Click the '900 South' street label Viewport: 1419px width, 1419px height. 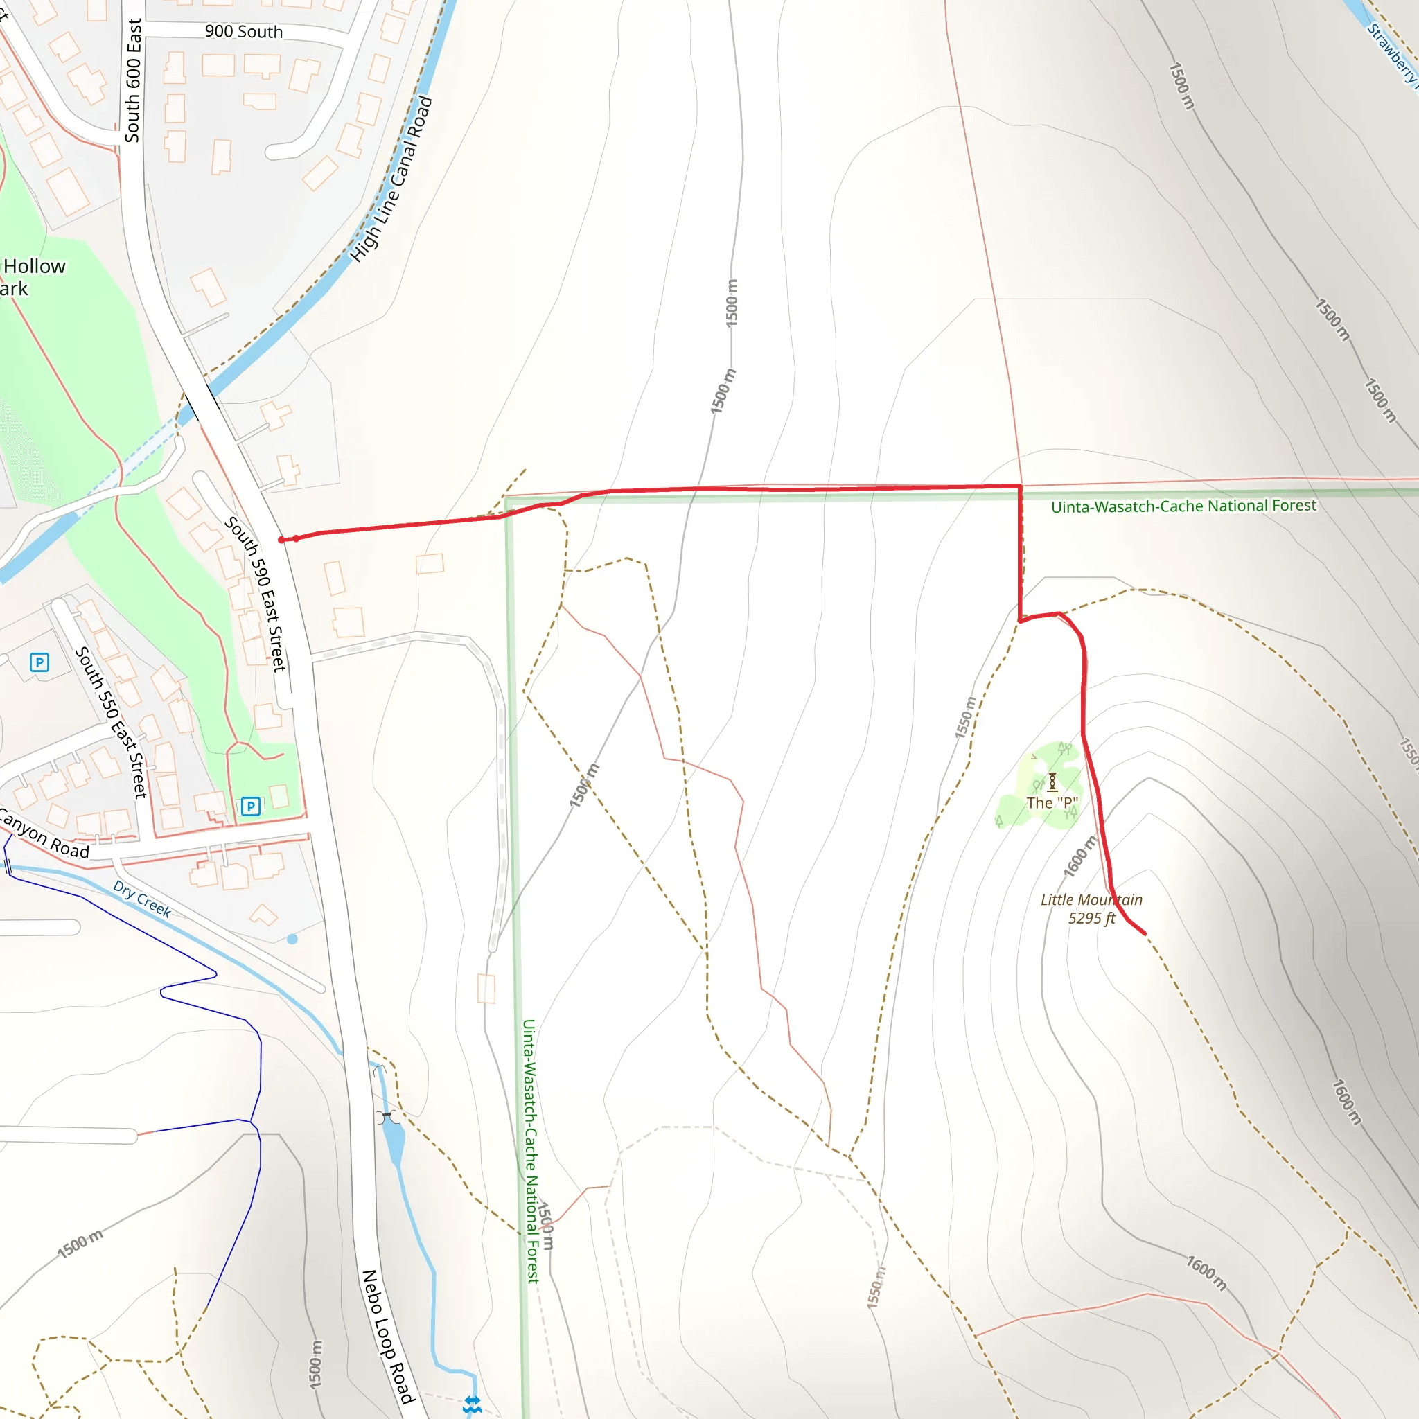click(243, 32)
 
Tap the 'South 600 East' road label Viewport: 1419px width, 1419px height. click(133, 80)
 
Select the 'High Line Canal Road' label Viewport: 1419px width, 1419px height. click(391, 179)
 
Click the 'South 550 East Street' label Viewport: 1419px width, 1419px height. click(111, 722)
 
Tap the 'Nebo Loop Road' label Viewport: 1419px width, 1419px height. click(389, 1336)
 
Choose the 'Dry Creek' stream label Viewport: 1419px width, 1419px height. click(142, 899)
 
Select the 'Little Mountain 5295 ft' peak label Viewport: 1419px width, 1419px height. click(1091, 908)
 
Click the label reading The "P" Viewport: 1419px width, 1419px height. click(1052, 803)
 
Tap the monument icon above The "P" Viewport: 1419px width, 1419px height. click(1052, 782)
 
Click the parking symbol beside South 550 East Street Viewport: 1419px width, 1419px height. click(39, 662)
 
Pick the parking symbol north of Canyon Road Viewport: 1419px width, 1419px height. click(250, 807)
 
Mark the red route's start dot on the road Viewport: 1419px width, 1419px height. click(281, 540)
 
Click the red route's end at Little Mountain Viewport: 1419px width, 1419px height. click(1145, 933)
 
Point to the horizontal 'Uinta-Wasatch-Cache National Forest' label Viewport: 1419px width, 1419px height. click(1183, 506)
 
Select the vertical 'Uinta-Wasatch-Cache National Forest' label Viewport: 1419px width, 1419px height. click(530, 1150)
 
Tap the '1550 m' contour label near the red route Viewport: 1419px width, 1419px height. click(967, 717)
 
